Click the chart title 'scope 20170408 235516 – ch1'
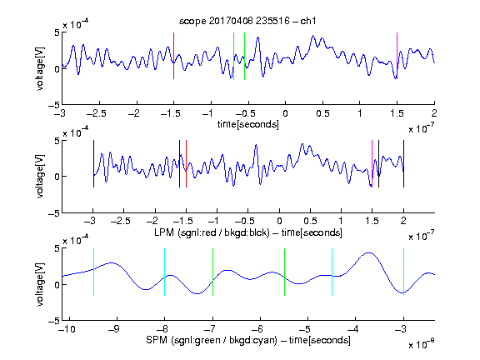247,21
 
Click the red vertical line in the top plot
173,56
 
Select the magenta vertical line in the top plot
397,56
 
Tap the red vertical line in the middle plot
186,163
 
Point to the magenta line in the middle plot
372,163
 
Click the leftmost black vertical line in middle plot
93,163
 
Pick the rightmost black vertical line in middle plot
404,163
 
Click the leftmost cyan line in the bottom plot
93,272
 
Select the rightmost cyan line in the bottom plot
404,272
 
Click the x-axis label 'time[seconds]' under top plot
248,124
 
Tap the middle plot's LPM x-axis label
248,232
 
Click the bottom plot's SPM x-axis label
248,340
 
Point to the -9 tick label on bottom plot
114,329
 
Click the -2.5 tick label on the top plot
97,113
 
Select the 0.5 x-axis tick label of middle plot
310,221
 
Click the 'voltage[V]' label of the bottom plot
40,284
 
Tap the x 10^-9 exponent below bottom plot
421,344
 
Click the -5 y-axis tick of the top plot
53,105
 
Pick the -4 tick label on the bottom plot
352,329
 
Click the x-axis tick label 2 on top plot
434,113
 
